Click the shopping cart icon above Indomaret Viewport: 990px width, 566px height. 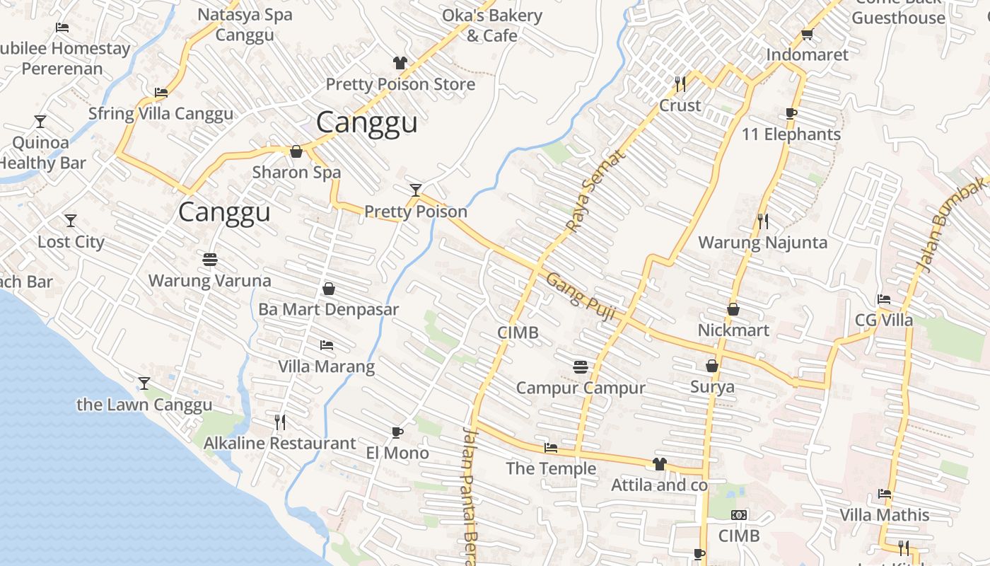pyautogui.click(x=807, y=34)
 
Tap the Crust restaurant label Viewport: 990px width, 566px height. pyautogui.click(x=680, y=105)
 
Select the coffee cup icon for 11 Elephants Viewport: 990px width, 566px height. pyautogui.click(x=791, y=113)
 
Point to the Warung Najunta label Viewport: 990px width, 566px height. pyautogui.click(x=762, y=243)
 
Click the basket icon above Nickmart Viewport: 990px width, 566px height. pyautogui.click(x=733, y=309)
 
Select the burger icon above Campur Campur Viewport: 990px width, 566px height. pyautogui.click(x=581, y=366)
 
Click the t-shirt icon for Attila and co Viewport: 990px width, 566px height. pyautogui.click(x=659, y=464)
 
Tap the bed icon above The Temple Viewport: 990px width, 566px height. pyautogui.click(x=551, y=448)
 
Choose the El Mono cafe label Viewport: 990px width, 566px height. pyautogui.click(x=397, y=453)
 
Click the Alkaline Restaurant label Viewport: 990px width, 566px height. pyautogui.click(x=279, y=444)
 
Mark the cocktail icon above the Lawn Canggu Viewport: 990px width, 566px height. pyautogui.click(x=144, y=383)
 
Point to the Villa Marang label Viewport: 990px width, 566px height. pyautogui.click(x=326, y=366)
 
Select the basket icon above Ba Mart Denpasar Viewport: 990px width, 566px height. pyautogui.click(x=328, y=289)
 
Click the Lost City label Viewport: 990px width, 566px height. pyautogui.click(x=71, y=242)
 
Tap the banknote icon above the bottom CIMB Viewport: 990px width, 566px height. pyautogui.click(x=739, y=515)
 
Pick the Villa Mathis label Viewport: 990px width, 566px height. pyautogui.click(x=884, y=514)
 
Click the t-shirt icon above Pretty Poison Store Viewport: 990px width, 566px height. pyautogui.click(x=400, y=63)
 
